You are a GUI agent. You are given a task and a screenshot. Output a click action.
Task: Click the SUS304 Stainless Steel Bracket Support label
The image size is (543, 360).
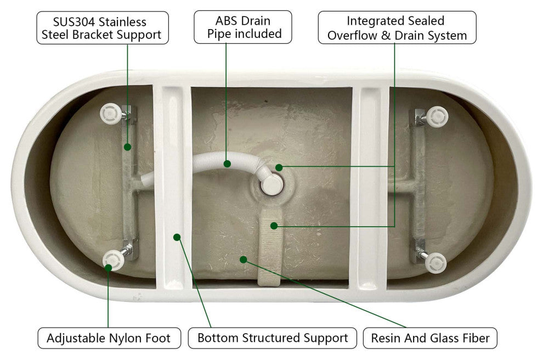103,28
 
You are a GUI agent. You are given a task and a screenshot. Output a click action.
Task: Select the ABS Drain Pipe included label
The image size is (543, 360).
243,27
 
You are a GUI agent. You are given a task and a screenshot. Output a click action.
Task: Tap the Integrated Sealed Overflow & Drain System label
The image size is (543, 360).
397,27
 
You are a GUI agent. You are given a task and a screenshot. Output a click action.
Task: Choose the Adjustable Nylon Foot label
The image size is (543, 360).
109,338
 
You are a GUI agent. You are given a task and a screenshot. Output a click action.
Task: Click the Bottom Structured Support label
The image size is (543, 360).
273,338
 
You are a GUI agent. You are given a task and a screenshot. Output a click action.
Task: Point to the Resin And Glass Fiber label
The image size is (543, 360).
430,338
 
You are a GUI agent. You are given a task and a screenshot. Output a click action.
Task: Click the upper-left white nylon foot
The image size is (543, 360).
111,113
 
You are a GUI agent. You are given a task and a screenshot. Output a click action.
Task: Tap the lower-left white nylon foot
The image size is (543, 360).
113,260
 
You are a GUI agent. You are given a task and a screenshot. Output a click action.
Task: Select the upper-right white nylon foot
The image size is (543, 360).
437,117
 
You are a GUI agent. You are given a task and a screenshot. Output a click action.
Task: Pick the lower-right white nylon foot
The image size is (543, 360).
435,263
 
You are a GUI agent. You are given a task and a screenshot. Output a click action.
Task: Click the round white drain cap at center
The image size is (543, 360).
271,184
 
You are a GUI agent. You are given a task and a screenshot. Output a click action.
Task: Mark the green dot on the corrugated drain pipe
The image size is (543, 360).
227,164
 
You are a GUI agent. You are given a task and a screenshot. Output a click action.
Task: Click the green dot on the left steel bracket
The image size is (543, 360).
127,147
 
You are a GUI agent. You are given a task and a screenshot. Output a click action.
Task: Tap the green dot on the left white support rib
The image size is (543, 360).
177,237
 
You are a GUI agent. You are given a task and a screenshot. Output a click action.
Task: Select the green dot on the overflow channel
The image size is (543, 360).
274,226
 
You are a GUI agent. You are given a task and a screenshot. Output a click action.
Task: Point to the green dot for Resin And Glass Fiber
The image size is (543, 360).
244,260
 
